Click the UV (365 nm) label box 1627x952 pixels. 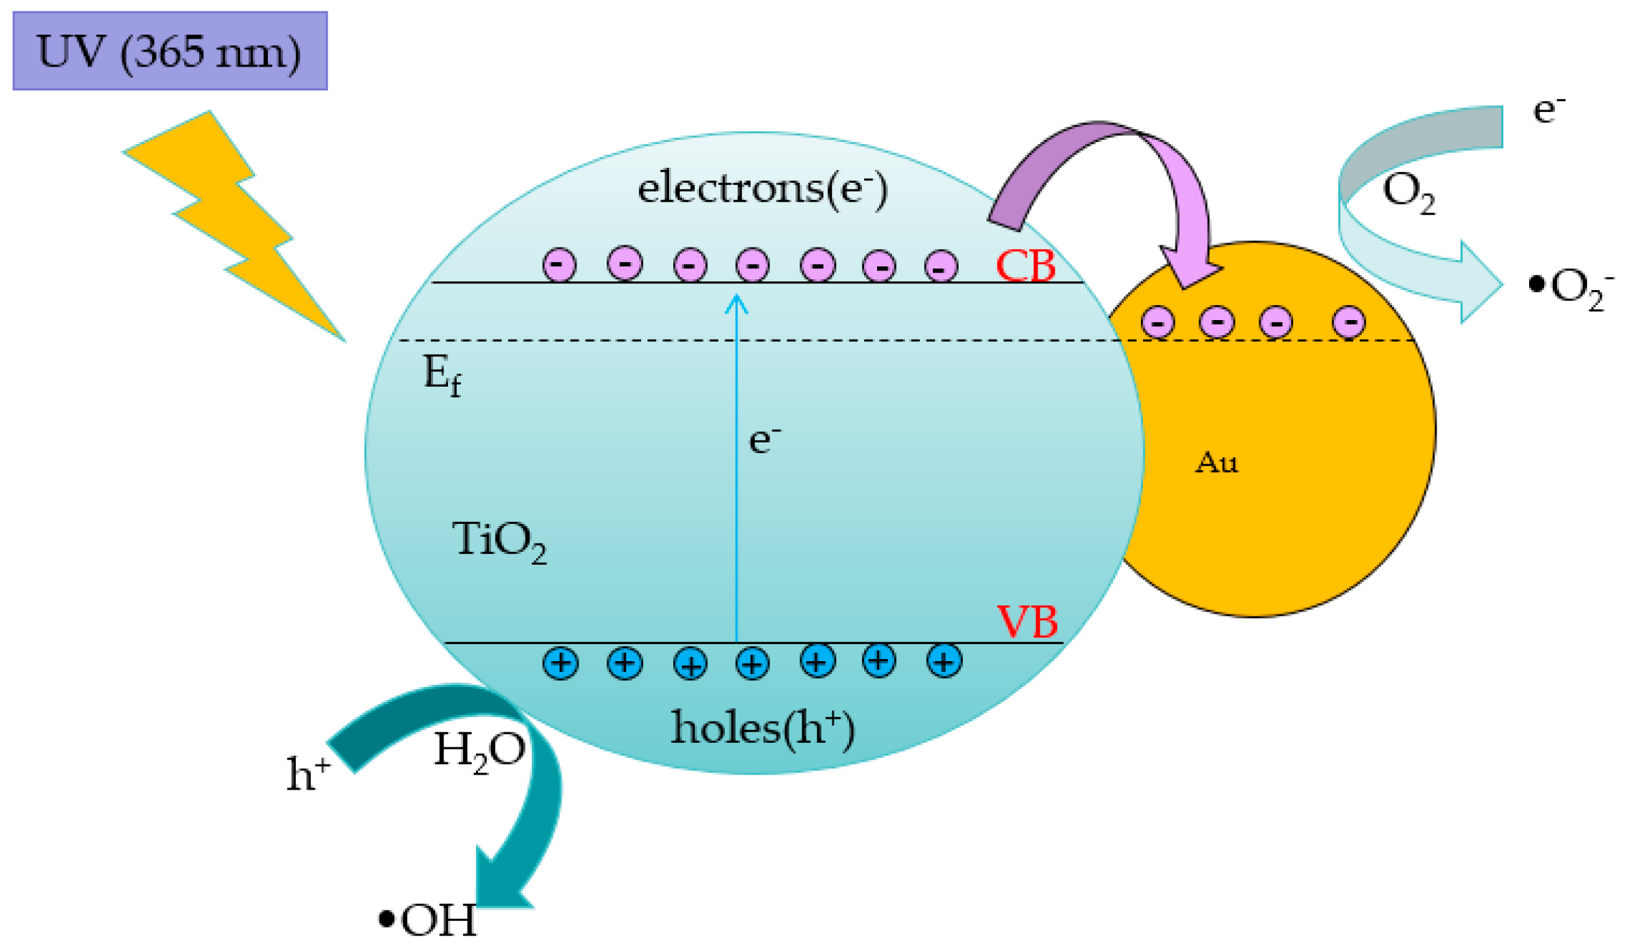point(170,51)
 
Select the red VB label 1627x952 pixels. point(1027,621)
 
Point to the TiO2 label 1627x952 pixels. point(499,541)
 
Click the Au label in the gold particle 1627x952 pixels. point(1216,463)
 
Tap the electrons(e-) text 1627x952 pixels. point(761,188)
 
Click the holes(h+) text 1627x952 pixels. point(762,728)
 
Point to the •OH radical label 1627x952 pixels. point(428,920)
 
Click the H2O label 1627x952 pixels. point(479,750)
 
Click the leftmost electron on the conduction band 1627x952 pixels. point(559,264)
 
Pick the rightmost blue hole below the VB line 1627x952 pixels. point(944,660)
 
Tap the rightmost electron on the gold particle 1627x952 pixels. point(1349,321)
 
